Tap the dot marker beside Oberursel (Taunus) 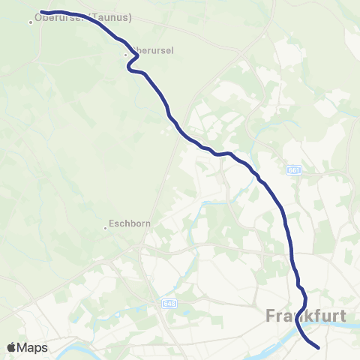tap(31, 22)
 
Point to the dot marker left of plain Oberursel tap(126, 54)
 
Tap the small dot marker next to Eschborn tap(106, 228)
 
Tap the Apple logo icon tap(11, 347)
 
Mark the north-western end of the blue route tap(41, 12)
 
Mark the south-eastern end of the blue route tap(319, 347)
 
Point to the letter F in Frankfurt tap(271, 316)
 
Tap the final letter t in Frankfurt tap(343, 316)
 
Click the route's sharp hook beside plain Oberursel tap(131, 67)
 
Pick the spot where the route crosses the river tap(304, 334)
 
